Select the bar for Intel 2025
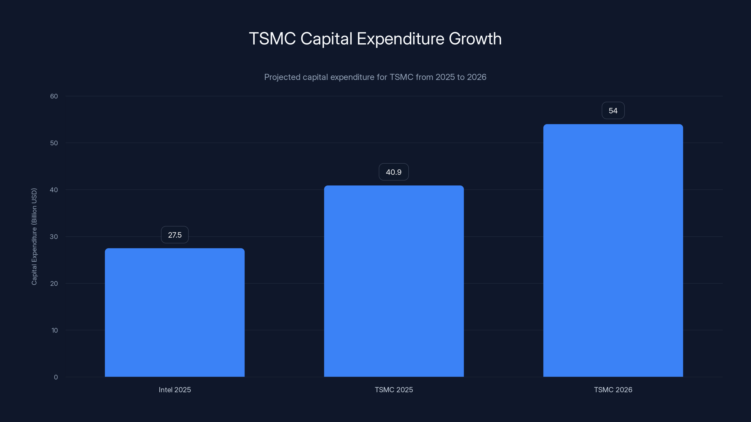click(x=175, y=312)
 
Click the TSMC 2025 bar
click(x=394, y=281)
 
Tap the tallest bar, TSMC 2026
click(x=613, y=250)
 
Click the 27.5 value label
click(x=175, y=235)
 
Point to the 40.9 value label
click(x=394, y=172)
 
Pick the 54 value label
click(x=613, y=111)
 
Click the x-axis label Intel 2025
click(x=175, y=390)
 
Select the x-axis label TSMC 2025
click(x=394, y=390)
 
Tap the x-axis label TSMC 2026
click(x=613, y=390)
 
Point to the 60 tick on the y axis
click(x=54, y=96)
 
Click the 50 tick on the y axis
click(x=54, y=143)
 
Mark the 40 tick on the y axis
click(x=54, y=190)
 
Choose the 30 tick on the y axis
click(x=54, y=237)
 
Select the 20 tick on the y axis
click(x=54, y=283)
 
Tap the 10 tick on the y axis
click(x=54, y=330)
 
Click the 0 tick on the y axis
click(x=56, y=377)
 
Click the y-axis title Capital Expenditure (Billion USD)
click(x=34, y=237)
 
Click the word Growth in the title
click(x=475, y=38)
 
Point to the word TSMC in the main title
click(x=272, y=38)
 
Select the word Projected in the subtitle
click(x=282, y=77)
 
